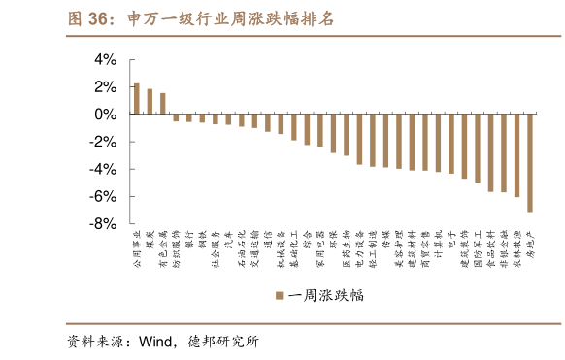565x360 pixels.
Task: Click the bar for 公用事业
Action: point(137,99)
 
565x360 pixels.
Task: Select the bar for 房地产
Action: point(530,162)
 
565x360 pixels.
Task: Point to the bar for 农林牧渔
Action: point(516,155)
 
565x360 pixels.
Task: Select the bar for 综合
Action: point(307,129)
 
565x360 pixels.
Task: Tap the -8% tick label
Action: point(102,223)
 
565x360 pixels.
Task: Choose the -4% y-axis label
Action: point(102,169)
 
